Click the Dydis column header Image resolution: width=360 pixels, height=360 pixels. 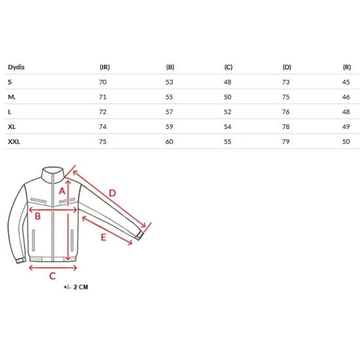point(16,67)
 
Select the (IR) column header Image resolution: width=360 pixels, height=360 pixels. point(105,67)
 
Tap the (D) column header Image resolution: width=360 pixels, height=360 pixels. point(287,67)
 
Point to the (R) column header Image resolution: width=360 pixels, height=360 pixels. point(347,67)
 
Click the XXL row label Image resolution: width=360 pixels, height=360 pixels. point(14,141)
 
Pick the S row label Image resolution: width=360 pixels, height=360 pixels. point(10,82)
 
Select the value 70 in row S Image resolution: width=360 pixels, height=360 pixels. point(103,82)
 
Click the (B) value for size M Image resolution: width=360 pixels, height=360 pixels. point(170,97)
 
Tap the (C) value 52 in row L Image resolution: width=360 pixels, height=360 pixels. point(228,112)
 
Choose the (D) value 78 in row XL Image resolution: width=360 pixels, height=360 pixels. point(286,127)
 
